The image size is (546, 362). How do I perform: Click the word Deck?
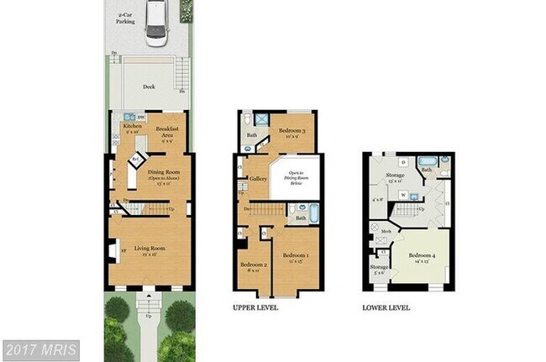point(148,87)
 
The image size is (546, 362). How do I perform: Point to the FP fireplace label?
point(123,249)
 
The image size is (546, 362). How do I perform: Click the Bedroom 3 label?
point(292,130)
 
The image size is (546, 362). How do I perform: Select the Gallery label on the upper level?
point(258,179)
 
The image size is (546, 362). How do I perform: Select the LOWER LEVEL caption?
point(386,308)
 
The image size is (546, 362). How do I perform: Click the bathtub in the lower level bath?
point(427,160)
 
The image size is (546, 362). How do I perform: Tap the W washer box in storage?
point(403,195)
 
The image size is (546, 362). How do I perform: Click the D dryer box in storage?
point(403,160)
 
